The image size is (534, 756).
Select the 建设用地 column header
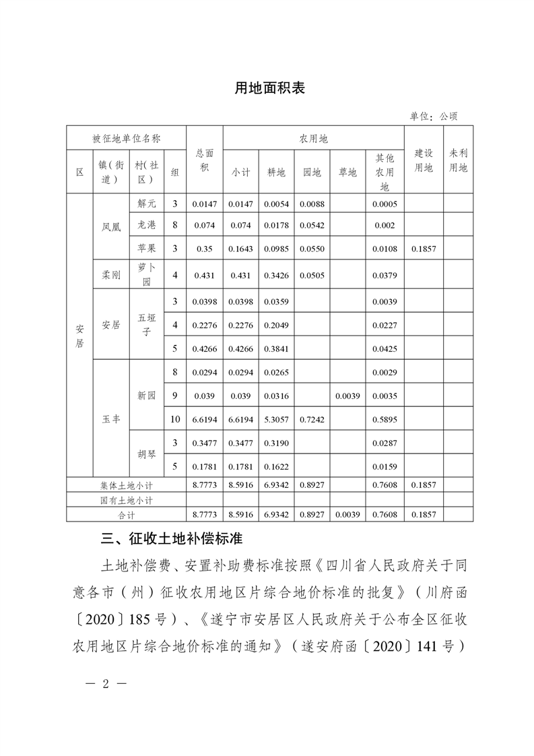point(423,160)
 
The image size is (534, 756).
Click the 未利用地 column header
point(458,160)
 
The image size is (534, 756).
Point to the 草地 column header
point(347,172)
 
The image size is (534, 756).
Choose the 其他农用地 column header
point(385,172)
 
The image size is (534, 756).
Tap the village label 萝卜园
point(146,275)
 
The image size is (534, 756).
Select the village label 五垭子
point(146,325)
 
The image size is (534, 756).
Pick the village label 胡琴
point(146,453)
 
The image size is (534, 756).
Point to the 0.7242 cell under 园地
point(312,419)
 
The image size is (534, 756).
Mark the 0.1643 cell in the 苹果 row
point(240,249)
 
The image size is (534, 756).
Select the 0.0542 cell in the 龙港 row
point(312,225)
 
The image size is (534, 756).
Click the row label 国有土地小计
point(126,501)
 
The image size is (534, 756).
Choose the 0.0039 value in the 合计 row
point(347,515)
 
